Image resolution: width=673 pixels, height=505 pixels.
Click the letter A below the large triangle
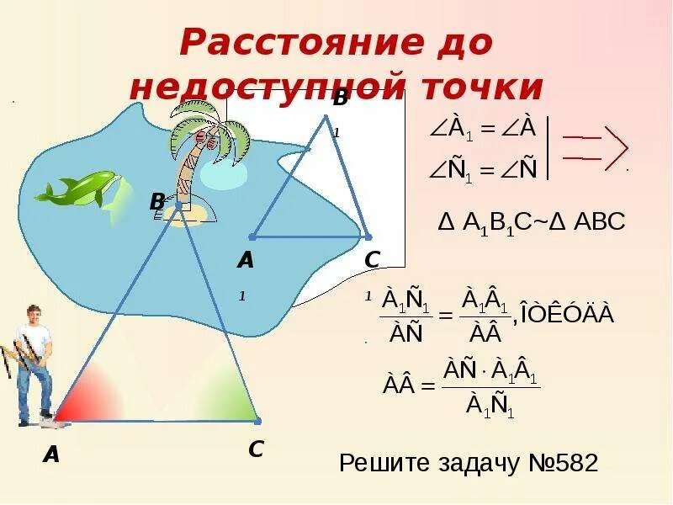pyautogui.click(x=52, y=454)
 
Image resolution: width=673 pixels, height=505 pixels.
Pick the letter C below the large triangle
pyautogui.click(x=256, y=449)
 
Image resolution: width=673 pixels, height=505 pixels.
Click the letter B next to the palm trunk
pyautogui.click(x=157, y=202)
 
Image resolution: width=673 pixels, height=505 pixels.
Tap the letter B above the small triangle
pyautogui.click(x=340, y=98)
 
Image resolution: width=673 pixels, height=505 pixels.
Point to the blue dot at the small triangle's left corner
pyautogui.click(x=252, y=237)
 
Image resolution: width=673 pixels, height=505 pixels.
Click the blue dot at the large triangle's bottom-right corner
pyautogui.click(x=257, y=420)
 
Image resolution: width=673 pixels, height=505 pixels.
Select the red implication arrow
pyautogui.click(x=596, y=147)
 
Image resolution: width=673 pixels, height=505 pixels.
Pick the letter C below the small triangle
pyautogui.click(x=373, y=260)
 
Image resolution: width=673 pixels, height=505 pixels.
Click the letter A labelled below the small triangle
pyautogui.click(x=245, y=260)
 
